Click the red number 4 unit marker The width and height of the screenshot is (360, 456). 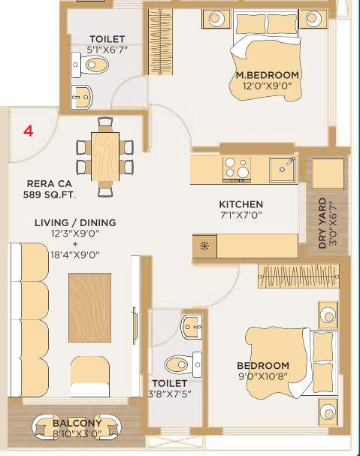pyautogui.click(x=29, y=131)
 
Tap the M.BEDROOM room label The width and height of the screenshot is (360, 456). pyautogui.click(x=268, y=75)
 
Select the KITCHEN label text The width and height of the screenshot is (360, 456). pyautogui.click(x=241, y=204)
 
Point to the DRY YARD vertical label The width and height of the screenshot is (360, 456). pyautogui.click(x=322, y=223)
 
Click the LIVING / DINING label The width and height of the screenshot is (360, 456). pyautogui.click(x=75, y=222)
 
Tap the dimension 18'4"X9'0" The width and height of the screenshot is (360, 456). pyautogui.click(x=75, y=255)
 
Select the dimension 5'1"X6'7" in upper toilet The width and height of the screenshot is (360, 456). pyautogui.click(x=106, y=51)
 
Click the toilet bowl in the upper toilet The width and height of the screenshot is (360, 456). pyautogui.click(x=95, y=65)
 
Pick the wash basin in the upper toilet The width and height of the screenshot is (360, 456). pyautogui.click(x=86, y=95)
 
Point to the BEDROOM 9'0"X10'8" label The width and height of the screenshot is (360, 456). pyautogui.click(x=262, y=371)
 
